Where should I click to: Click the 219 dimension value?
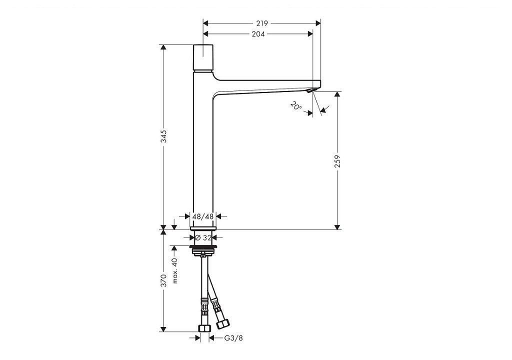coord(262,23)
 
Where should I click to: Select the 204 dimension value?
coord(258,34)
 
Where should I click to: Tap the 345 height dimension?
coord(163,136)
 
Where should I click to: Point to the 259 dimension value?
coord(337,161)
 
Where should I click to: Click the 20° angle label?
coord(296,106)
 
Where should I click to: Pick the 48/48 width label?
coord(203,216)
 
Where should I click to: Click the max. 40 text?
coord(174,270)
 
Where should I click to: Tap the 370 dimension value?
coord(163,280)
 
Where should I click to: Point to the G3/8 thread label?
coord(233,338)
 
